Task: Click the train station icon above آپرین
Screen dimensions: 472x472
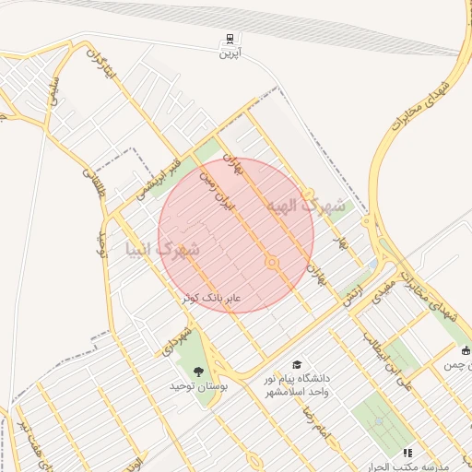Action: pos(227,39)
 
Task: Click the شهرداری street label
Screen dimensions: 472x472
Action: pos(176,339)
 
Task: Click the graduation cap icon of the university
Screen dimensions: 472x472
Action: pos(297,365)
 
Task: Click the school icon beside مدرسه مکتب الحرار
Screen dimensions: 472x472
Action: pos(407,453)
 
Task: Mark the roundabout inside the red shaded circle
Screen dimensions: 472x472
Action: pos(271,263)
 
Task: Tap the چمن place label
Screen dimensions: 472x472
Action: pos(452,366)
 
